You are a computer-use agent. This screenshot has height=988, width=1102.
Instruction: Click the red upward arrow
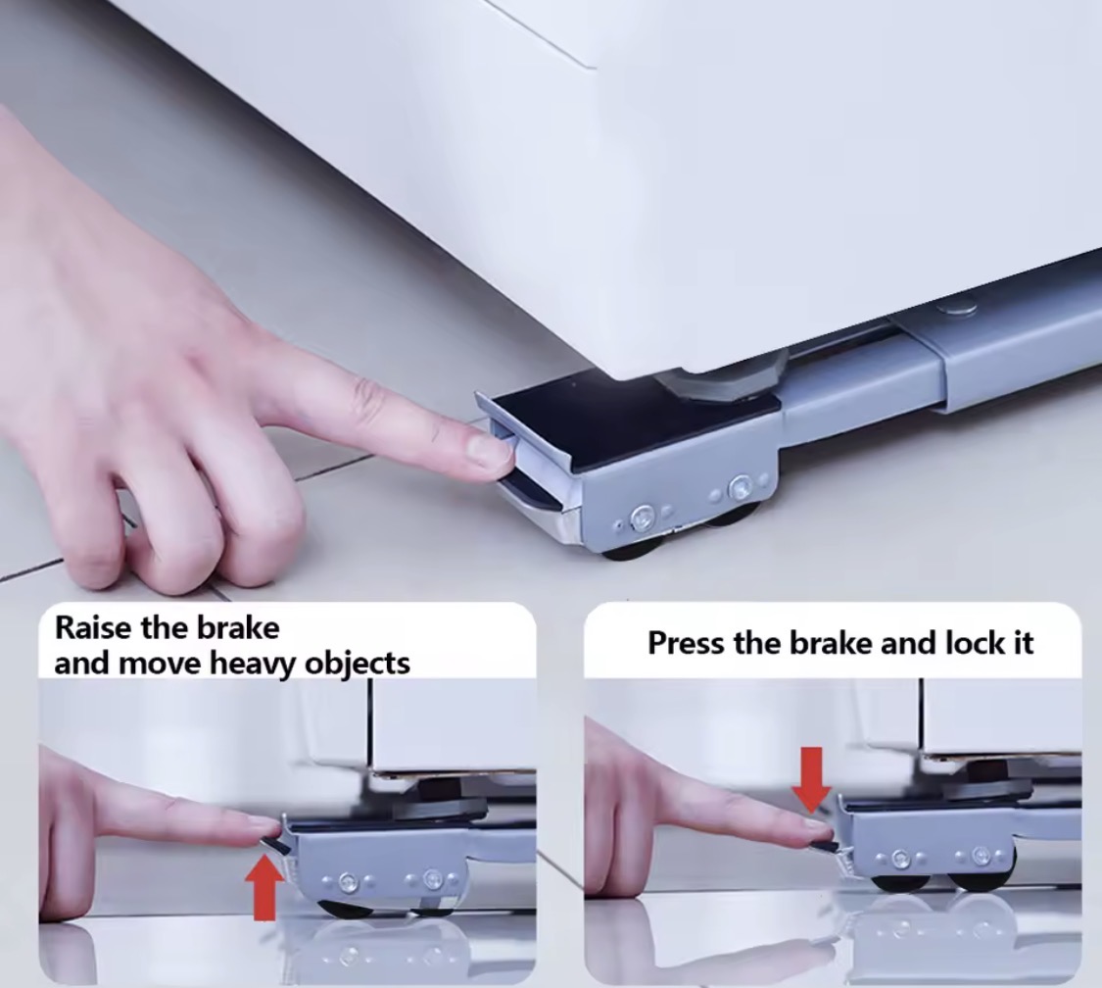click(264, 885)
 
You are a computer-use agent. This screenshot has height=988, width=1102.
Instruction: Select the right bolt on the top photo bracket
click(741, 486)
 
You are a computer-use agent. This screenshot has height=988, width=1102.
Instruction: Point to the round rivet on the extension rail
click(956, 307)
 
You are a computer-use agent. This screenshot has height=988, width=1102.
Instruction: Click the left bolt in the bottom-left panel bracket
click(347, 882)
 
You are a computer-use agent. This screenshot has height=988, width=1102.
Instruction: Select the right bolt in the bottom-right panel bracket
click(981, 856)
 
